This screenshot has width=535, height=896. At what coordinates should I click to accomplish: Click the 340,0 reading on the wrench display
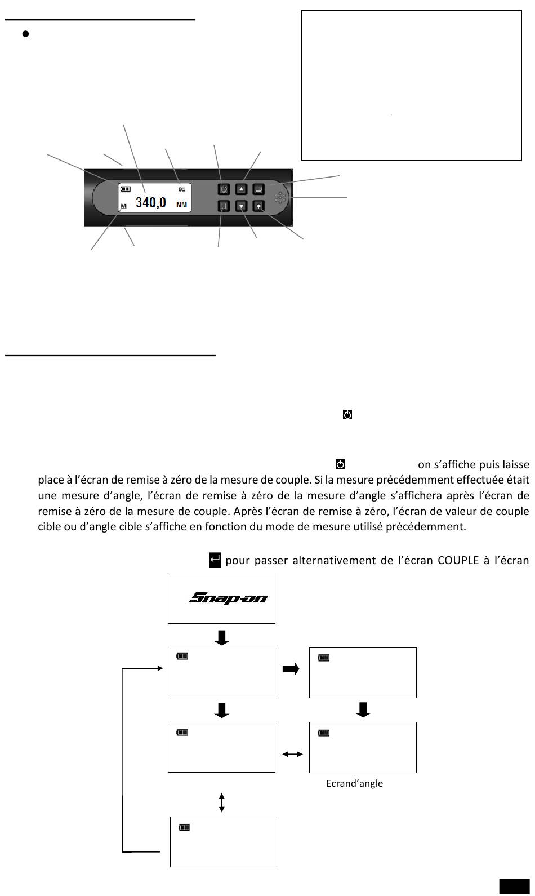(150, 202)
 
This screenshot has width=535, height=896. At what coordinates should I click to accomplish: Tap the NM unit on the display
(181, 205)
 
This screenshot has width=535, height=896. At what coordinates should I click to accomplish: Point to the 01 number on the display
(181, 189)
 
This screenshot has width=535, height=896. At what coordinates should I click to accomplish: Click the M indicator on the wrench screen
(124, 207)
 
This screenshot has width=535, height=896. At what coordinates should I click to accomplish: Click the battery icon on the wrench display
(125, 189)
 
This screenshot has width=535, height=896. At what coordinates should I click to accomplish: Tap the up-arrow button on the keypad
(241, 189)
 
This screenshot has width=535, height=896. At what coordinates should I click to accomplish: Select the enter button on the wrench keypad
(258, 189)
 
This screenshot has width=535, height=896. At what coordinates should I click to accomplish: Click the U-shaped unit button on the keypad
(224, 206)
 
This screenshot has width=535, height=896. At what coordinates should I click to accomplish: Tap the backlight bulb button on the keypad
(258, 206)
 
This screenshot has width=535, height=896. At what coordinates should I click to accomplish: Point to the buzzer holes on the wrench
(280, 198)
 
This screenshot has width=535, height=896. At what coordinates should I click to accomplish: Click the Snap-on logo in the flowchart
(228, 597)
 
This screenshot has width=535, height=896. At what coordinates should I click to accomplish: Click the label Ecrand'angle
(354, 783)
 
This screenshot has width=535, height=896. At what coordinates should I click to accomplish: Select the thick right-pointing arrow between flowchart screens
(291, 669)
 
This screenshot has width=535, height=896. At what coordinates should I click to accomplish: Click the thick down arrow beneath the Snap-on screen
(222, 637)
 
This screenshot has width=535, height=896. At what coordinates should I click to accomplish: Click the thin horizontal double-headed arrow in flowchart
(292, 754)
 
